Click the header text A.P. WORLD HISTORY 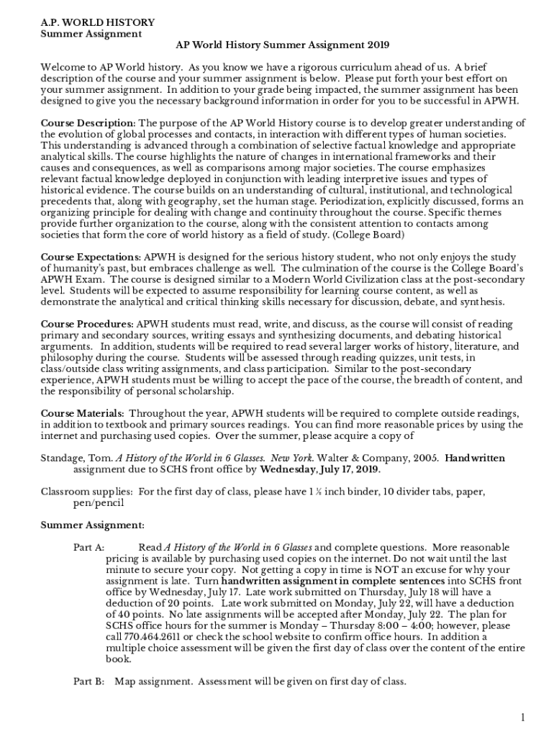tap(87, 22)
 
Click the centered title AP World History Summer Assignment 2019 tap(283, 45)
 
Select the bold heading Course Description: tap(88, 123)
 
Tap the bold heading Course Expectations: tap(91, 257)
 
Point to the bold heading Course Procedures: tap(87, 324)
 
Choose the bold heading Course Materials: tap(83, 413)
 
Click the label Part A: tap(89, 548)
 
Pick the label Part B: tap(89, 681)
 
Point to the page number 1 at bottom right tap(525, 717)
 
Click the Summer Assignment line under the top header tap(91, 34)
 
